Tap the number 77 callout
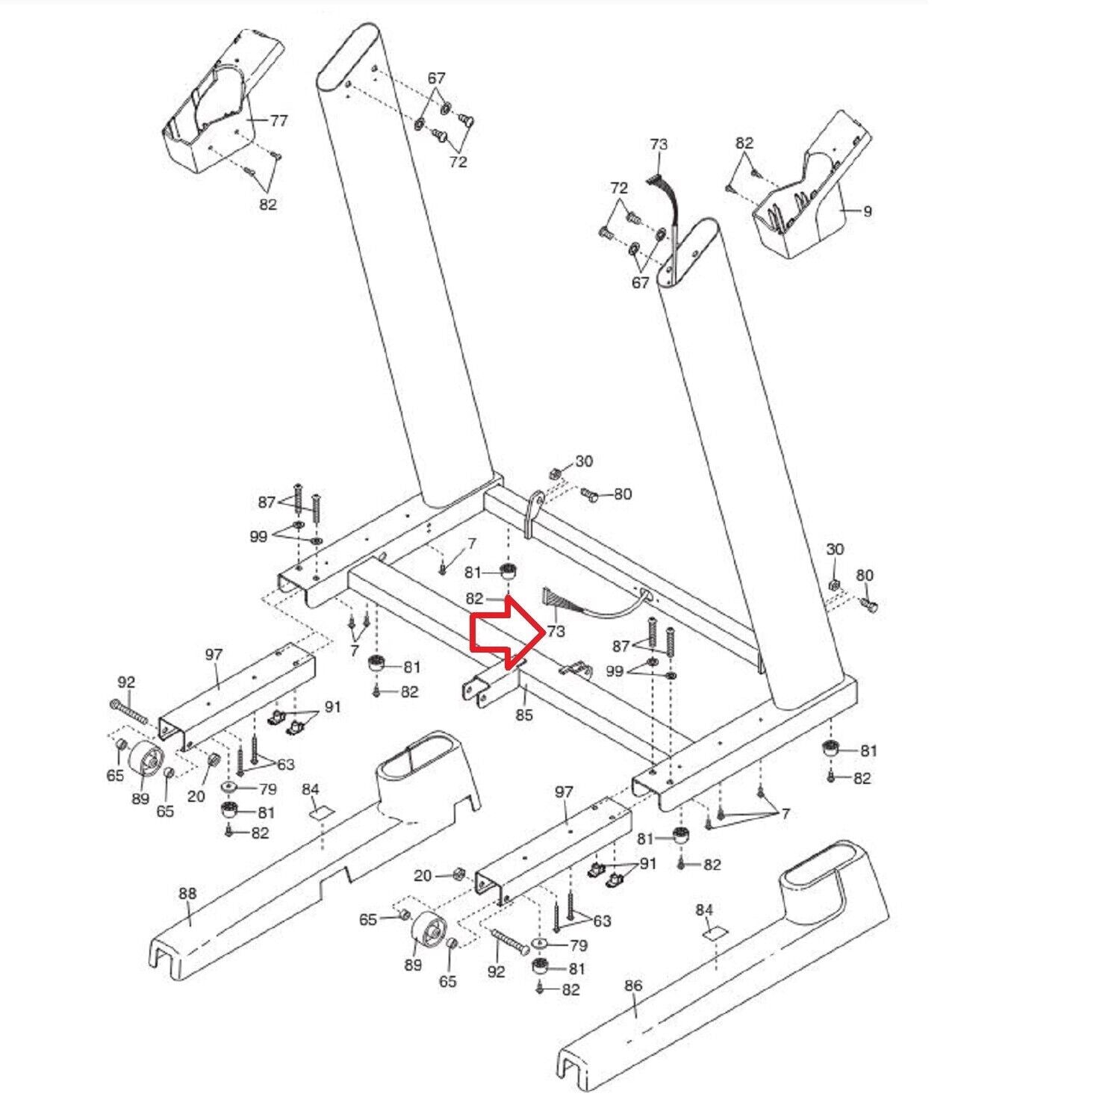tap(278, 120)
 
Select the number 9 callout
tap(867, 211)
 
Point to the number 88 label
tap(187, 893)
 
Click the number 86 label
tap(632, 986)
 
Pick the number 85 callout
tap(524, 715)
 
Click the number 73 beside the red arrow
tap(556, 631)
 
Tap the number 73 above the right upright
tap(659, 144)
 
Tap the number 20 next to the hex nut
tap(423, 875)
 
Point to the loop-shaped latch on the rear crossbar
tap(533, 511)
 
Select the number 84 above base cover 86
tap(704, 909)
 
